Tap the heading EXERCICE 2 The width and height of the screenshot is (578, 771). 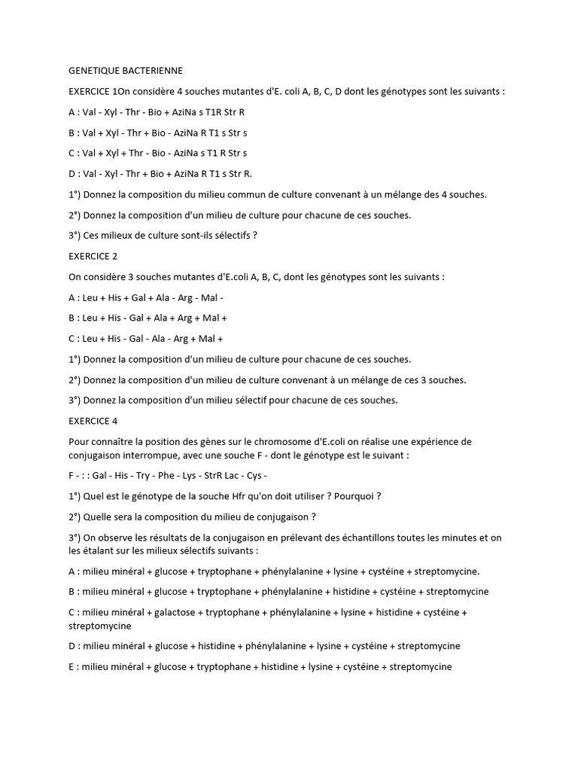pos(93,256)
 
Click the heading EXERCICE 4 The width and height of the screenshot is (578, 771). pos(93,421)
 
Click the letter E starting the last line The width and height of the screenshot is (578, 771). pos(71,666)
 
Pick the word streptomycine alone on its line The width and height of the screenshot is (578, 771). pos(100,626)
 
